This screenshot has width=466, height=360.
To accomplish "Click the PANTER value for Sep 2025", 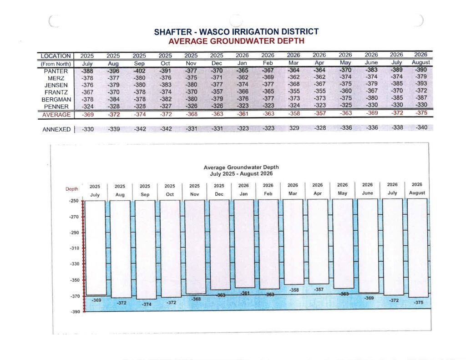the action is [x=139, y=71].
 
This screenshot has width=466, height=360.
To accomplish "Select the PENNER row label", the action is [x=56, y=106].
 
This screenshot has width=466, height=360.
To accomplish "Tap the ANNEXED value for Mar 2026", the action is [x=294, y=128].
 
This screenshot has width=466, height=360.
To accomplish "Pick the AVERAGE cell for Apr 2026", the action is [x=320, y=113].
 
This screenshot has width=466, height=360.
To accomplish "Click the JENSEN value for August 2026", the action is [x=421, y=84].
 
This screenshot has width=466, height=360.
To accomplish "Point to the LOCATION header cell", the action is [x=56, y=56].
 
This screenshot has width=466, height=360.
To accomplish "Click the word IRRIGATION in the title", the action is [x=239, y=31].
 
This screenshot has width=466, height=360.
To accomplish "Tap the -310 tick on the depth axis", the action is [x=74, y=248].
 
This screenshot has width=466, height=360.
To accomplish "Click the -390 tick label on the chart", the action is [x=75, y=312].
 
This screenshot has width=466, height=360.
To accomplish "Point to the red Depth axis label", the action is [x=72, y=189].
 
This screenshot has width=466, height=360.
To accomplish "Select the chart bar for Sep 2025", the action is [x=145, y=250].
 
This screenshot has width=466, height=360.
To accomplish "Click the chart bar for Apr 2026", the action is [x=318, y=241].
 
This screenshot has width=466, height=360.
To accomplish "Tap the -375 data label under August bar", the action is [x=419, y=302].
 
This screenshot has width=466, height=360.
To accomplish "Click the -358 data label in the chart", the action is [x=294, y=290].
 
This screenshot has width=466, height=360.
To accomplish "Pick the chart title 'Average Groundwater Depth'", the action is [x=241, y=167].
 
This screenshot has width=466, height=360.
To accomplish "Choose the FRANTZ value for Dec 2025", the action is [x=217, y=91].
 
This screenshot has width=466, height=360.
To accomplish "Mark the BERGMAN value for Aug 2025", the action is [x=113, y=99].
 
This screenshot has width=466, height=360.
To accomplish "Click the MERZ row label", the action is [x=56, y=78].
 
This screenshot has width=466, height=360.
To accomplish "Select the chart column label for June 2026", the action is [x=367, y=189].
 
